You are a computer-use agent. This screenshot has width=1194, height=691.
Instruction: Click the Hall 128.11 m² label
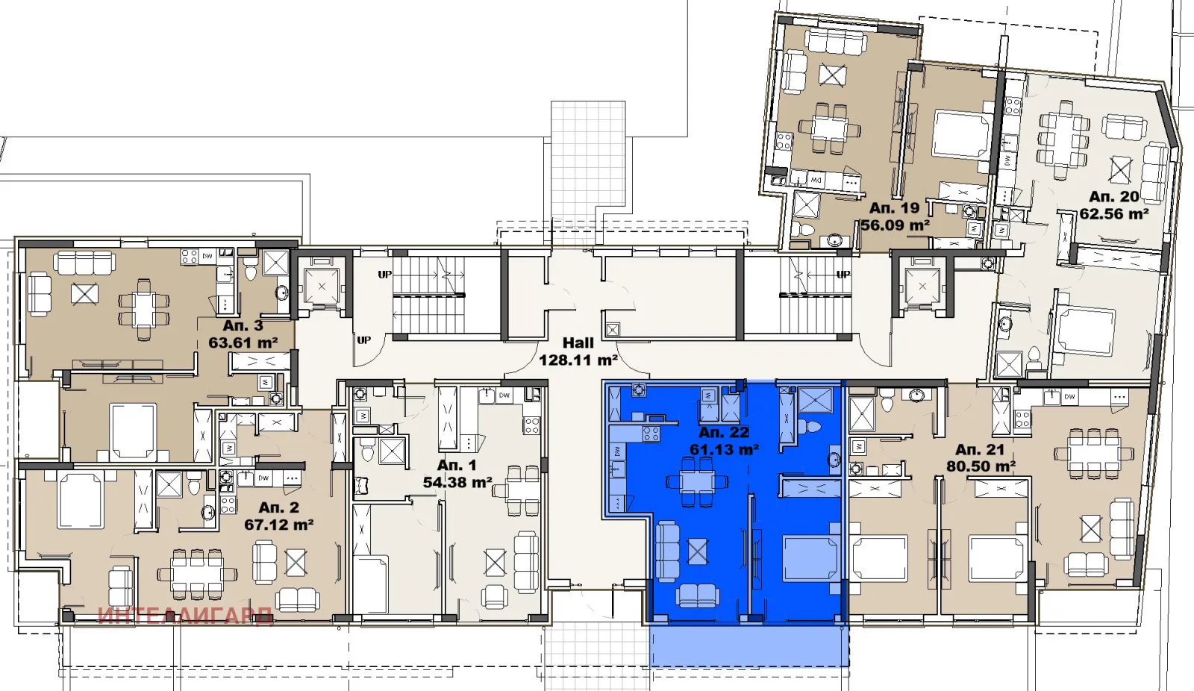[x=578, y=351]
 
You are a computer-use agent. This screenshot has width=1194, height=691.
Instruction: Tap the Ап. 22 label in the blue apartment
[x=723, y=433]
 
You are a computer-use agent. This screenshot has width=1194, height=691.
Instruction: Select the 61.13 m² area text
[x=723, y=450]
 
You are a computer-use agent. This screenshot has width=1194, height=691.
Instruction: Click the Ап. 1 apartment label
[x=456, y=466]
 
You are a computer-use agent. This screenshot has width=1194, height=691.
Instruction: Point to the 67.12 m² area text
[x=278, y=525]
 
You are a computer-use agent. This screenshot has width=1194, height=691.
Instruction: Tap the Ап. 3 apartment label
[x=243, y=326]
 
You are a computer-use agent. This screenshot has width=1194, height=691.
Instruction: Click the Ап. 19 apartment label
[x=894, y=208]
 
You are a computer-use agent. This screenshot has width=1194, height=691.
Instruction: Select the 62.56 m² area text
[x=1113, y=214]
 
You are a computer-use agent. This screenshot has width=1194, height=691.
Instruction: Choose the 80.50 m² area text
[x=980, y=467]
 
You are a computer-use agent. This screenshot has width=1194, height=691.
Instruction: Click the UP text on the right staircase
[x=843, y=275]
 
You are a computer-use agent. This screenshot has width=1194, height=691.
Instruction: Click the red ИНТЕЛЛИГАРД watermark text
[x=185, y=616]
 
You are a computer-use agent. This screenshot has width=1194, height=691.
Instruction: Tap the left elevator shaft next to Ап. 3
[x=322, y=287]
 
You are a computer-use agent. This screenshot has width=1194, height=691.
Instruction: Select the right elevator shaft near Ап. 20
[x=922, y=287]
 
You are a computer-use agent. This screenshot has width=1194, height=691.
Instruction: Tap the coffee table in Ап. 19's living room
[x=832, y=75]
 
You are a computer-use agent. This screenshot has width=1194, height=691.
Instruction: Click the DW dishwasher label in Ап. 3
[x=207, y=256]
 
